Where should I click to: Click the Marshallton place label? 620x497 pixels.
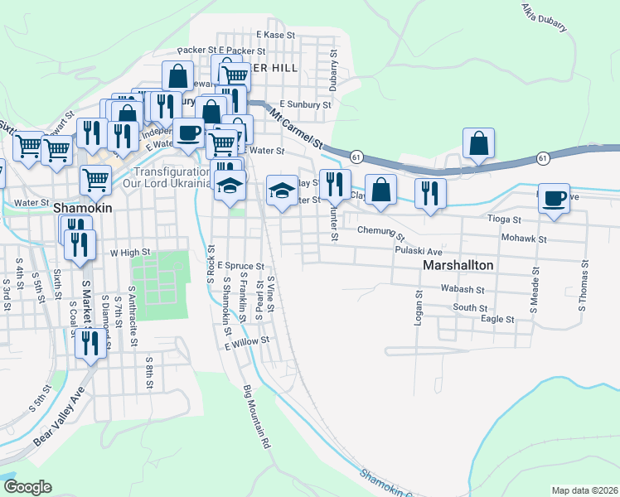tap(458, 266)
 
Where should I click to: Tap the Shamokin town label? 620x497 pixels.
tap(82, 210)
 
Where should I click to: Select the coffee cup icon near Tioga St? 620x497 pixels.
tap(554, 199)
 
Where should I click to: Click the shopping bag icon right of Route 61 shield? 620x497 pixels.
tap(479, 143)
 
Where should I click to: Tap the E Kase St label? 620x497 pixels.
tap(275, 35)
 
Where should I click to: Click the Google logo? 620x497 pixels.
tap(27, 486)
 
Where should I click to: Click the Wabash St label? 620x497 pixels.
tap(463, 290)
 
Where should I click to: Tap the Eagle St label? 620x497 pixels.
tap(497, 319)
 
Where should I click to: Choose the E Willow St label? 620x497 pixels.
tap(247, 340)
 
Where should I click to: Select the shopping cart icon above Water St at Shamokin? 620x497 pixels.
tap(96, 178)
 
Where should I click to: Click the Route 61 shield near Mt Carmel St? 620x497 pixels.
tap(355, 156)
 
